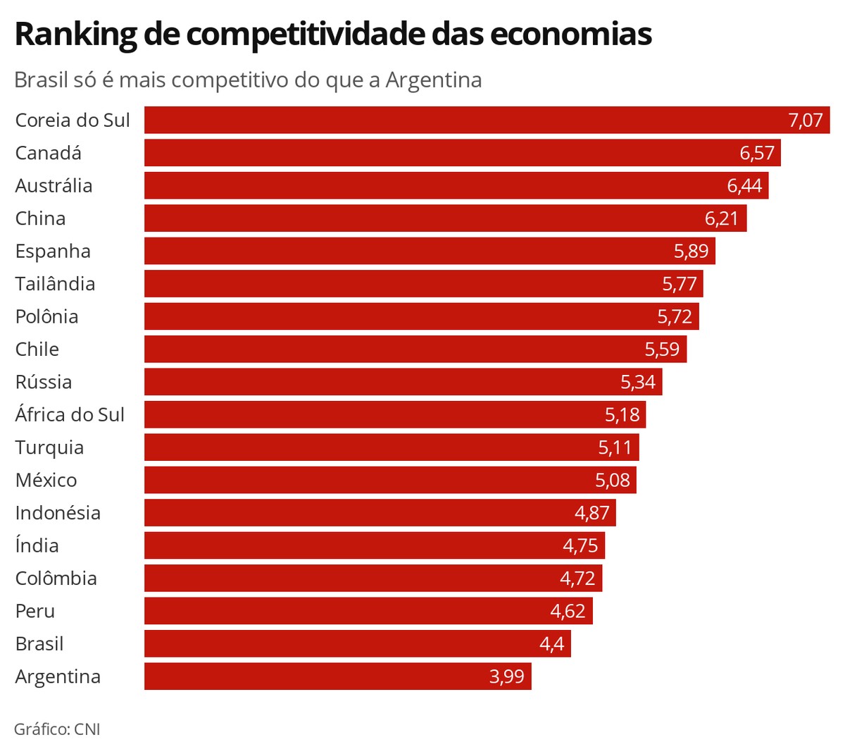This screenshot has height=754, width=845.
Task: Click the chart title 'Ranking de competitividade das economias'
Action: pyautogui.click(x=332, y=34)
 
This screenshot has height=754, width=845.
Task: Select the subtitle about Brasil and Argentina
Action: pyautogui.click(x=248, y=80)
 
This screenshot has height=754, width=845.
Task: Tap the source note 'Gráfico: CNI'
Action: pyautogui.click(x=57, y=729)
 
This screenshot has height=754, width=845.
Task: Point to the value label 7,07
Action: pyautogui.click(x=805, y=120)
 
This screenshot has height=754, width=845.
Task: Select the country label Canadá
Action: pyautogui.click(x=48, y=153)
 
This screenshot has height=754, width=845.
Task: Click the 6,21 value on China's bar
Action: pyautogui.click(x=721, y=218)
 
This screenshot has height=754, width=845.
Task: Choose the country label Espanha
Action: pyautogui.click(x=53, y=252)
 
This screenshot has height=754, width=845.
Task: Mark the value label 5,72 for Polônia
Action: pyautogui.click(x=675, y=317)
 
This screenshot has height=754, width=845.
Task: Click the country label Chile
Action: pyautogui.click(x=37, y=350)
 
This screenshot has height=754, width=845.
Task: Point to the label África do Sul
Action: pyautogui.click(x=70, y=414)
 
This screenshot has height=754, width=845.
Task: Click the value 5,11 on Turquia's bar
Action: pyautogui.click(x=615, y=447)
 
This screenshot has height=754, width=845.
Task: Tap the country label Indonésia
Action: pyautogui.click(x=58, y=513)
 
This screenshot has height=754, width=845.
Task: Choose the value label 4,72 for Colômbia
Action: pyautogui.click(x=577, y=579)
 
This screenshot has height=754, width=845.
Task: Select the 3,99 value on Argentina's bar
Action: pyautogui.click(x=506, y=676)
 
